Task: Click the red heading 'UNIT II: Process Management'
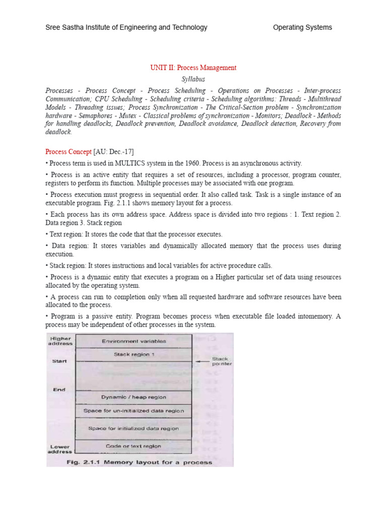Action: [193, 68]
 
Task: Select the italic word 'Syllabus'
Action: [193, 79]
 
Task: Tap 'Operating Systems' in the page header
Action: [302, 27]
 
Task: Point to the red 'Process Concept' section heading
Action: [69, 151]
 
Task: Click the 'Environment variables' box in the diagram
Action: [134, 341]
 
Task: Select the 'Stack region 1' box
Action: [134, 354]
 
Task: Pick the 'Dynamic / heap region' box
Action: [134, 397]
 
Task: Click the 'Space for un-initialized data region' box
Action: [134, 411]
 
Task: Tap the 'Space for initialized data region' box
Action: [134, 429]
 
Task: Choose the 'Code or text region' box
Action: [134, 446]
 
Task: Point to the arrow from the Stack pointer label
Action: [204, 361]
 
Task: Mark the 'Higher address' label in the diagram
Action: [60, 341]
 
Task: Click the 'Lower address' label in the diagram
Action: [60, 449]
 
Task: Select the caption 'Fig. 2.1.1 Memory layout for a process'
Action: [139, 462]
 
